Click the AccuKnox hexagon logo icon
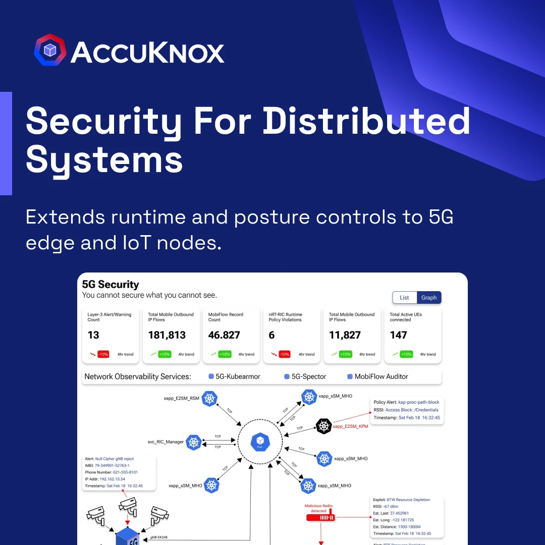[x=50, y=50]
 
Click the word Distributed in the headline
[x=366, y=121]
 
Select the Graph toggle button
[x=429, y=298]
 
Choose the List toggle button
[x=404, y=298]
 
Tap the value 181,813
[x=167, y=335]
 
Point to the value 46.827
[x=226, y=335]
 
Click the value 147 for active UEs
[x=398, y=335]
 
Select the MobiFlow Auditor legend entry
[x=377, y=376]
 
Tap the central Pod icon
[x=260, y=442]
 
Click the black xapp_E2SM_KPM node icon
[x=323, y=426]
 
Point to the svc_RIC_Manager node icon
[x=194, y=442]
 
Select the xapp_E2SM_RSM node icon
[x=209, y=398]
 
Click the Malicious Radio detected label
[x=318, y=508]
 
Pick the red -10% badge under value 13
[x=103, y=354]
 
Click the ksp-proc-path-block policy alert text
[x=418, y=402]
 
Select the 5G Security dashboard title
[x=111, y=285]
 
